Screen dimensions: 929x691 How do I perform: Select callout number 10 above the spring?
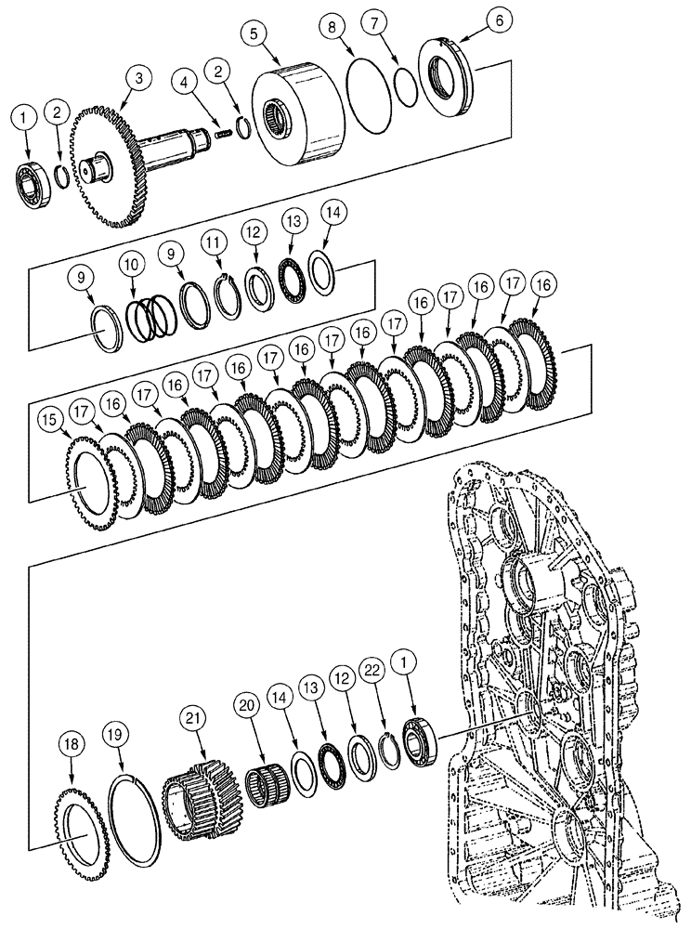pyautogui.click(x=133, y=265)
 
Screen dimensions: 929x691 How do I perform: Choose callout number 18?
pyautogui.click(x=72, y=743)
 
